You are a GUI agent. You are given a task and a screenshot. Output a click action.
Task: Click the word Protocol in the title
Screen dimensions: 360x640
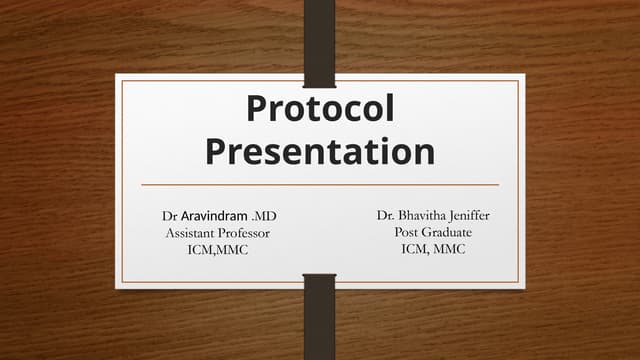(x=320, y=109)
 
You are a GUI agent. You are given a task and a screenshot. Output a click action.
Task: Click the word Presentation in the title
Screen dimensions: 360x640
(x=320, y=151)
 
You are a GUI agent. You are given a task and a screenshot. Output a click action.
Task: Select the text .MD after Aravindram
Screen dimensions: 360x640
(x=264, y=216)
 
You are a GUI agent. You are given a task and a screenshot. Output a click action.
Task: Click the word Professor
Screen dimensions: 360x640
(x=246, y=233)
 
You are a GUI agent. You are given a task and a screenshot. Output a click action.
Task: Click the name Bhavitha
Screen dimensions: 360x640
(x=431, y=216)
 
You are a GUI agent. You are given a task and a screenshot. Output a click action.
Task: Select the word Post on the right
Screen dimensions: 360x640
(x=410, y=233)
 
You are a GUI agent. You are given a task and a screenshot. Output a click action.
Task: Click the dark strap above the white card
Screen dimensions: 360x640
(x=319, y=35)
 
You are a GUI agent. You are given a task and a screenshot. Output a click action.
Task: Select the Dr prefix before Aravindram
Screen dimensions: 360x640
(x=170, y=216)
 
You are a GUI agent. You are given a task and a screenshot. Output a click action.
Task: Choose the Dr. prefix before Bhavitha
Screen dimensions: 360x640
(x=386, y=216)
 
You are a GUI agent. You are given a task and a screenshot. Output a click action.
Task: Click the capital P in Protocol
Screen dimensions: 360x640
(x=257, y=109)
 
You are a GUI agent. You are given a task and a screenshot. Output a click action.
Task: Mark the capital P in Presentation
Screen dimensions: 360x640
(x=217, y=151)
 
